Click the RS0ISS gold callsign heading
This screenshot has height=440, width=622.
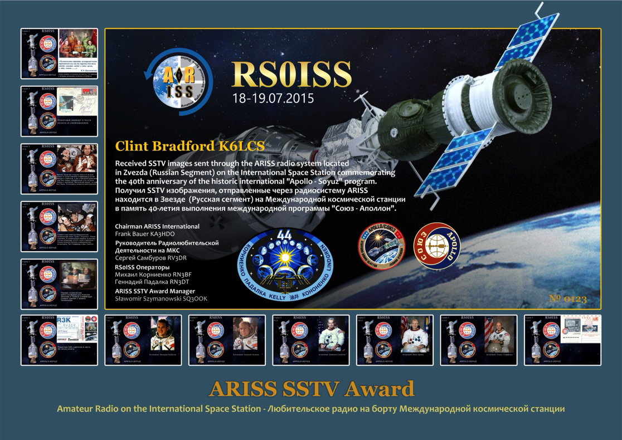coord(291,74)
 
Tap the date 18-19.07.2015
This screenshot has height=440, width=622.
coord(273,99)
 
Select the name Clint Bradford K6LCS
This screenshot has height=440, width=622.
coord(189,146)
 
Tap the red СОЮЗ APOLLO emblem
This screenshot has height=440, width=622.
coord(436,246)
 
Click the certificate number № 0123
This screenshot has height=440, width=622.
coord(567,299)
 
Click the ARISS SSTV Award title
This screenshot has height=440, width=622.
coord(311,389)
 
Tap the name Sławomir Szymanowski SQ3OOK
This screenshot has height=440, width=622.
coord(161,299)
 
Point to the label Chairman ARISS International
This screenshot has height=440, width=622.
coord(157,227)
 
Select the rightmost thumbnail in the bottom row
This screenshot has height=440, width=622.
coord(562,340)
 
